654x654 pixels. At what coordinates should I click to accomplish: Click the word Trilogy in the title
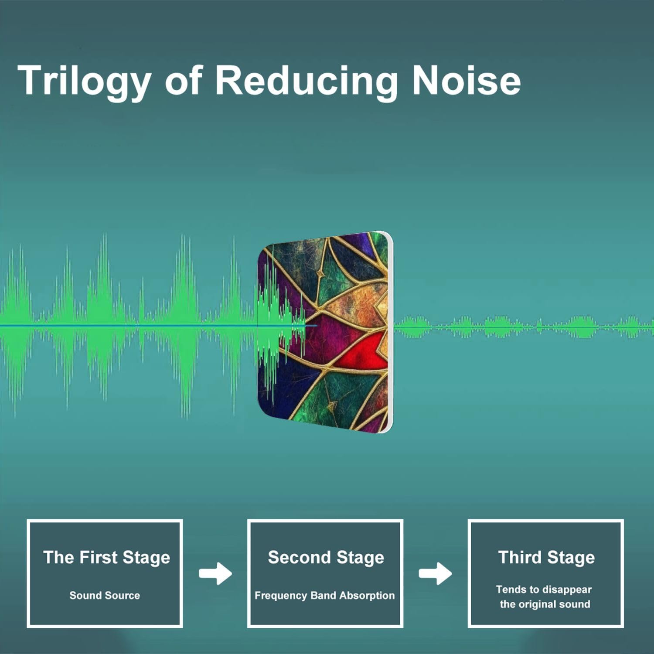click(84, 81)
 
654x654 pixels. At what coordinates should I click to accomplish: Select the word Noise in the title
click(466, 80)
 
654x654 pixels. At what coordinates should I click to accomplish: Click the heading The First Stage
click(106, 558)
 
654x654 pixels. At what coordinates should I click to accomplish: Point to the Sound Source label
click(105, 596)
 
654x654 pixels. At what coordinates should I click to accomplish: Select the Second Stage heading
click(326, 558)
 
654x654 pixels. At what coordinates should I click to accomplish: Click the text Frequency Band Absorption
click(325, 596)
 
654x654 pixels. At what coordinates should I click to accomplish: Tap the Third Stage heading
click(546, 558)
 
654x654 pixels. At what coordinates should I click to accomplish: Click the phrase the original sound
click(545, 605)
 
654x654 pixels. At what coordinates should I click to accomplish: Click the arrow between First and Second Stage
click(215, 574)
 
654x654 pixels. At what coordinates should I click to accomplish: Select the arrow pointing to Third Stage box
click(435, 574)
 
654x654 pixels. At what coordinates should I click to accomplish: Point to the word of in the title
click(183, 81)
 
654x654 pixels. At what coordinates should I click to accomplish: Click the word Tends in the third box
click(511, 590)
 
